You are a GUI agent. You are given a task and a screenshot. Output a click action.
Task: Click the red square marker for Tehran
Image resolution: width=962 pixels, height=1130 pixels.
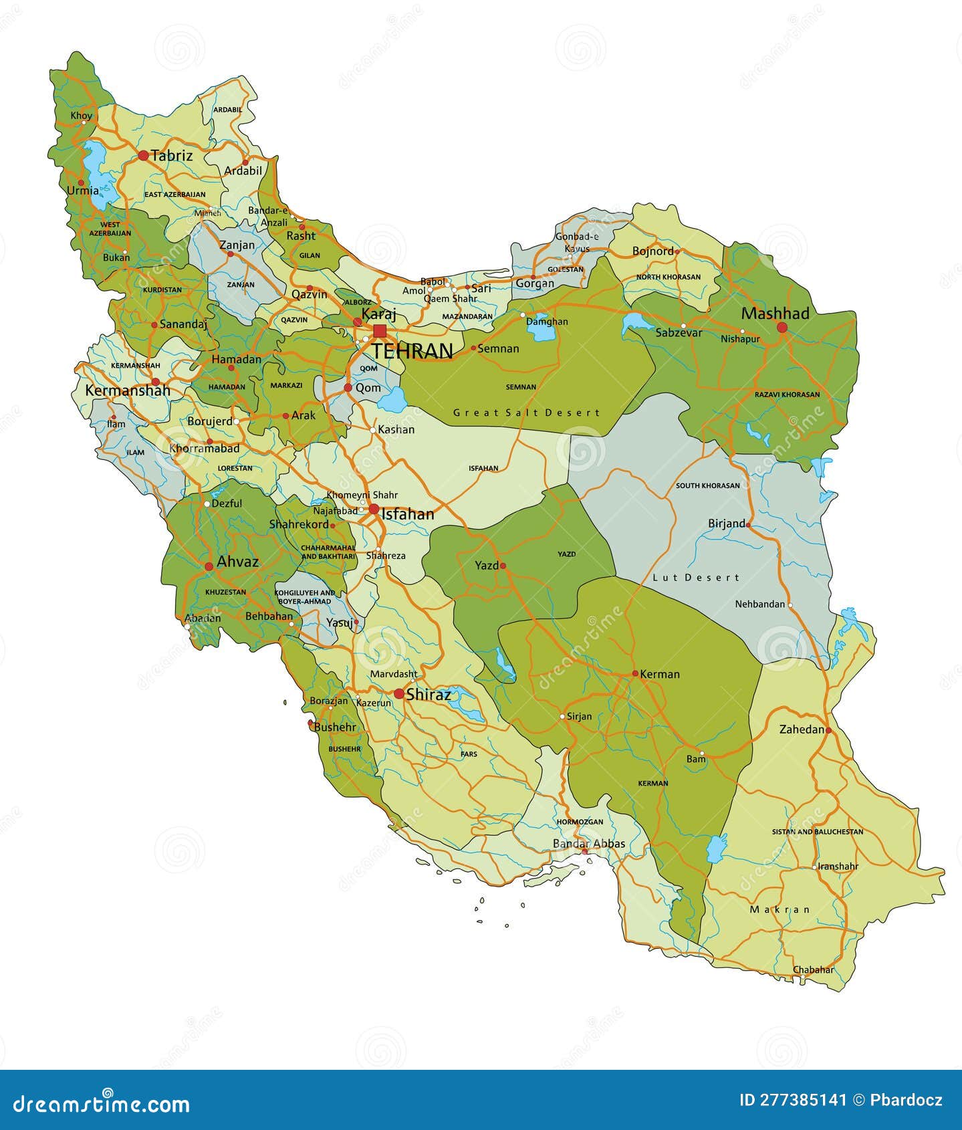point(380,331)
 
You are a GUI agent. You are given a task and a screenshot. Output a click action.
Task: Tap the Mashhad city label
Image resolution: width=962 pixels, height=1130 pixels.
point(775,314)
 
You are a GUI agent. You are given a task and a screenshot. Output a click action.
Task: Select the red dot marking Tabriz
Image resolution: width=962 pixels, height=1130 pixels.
point(143,156)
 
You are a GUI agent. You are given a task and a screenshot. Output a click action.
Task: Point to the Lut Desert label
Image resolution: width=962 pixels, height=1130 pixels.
point(696,578)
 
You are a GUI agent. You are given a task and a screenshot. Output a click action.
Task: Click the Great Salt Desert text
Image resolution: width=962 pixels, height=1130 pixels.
point(527,413)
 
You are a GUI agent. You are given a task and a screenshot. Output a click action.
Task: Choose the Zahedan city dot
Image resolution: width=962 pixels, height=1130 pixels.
point(828,730)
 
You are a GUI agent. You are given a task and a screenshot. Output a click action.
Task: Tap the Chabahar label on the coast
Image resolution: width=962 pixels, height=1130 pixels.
point(813,970)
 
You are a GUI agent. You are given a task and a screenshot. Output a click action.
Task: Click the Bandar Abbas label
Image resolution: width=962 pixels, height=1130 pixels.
point(588,844)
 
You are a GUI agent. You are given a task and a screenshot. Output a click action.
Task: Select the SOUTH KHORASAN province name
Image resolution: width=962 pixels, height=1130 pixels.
point(707,485)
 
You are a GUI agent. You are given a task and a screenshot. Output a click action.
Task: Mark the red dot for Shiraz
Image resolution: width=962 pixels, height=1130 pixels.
point(399,694)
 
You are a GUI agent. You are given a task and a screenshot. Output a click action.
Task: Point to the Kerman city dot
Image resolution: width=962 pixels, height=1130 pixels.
point(635,674)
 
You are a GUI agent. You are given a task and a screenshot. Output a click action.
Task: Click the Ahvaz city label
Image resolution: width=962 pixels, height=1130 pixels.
point(237,562)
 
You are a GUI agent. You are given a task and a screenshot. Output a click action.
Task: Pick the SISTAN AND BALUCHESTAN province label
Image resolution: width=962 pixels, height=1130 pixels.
point(818,832)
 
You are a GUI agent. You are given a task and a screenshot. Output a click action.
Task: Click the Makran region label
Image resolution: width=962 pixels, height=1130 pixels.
point(779,909)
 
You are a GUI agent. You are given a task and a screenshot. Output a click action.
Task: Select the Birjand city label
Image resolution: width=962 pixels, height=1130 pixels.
point(726,524)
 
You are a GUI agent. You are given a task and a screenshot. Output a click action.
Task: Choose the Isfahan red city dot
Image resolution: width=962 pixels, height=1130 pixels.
point(374,510)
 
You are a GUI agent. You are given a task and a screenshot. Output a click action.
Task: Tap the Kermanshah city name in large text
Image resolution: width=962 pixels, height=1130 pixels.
point(127,390)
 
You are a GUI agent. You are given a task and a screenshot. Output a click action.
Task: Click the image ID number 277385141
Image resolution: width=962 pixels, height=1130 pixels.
point(792,1100)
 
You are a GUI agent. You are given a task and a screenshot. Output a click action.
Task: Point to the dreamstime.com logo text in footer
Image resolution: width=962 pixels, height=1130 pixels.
point(102,1104)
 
